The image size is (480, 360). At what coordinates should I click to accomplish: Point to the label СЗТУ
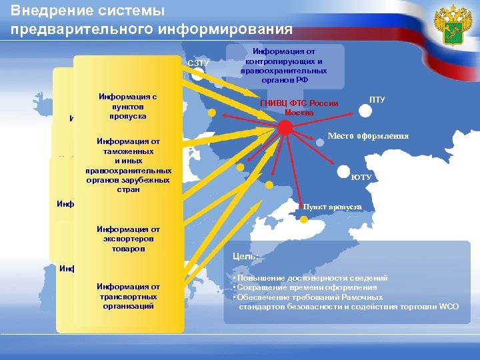pos(199,63)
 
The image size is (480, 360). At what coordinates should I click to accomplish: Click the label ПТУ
pos(377,99)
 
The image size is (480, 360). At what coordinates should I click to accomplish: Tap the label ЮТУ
pos(361,177)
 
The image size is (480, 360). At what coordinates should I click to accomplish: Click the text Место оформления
pos(368,136)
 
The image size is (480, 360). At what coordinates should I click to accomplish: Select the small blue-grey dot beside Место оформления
pos(320,141)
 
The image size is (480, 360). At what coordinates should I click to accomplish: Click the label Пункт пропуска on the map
pos(333,207)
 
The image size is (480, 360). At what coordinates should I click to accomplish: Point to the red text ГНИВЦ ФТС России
pos(299,103)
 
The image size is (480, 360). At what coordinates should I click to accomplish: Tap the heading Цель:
pos(241,255)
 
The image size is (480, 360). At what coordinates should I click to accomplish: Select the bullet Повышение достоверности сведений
pos(311,277)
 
